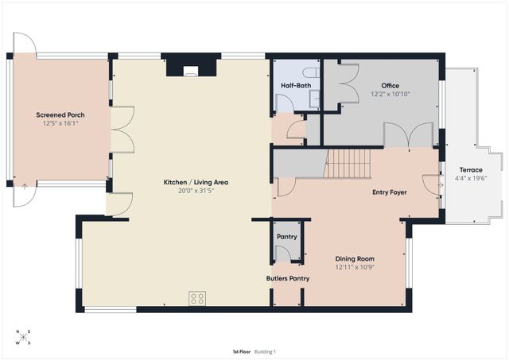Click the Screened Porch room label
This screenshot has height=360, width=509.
(60, 114)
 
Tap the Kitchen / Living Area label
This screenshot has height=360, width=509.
(196, 182)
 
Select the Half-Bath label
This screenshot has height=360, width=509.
(296, 86)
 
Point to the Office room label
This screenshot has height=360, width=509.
(390, 86)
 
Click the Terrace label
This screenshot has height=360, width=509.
(471, 169)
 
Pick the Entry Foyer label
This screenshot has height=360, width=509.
(390, 192)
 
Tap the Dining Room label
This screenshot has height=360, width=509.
(355, 259)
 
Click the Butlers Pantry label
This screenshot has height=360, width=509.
(288, 278)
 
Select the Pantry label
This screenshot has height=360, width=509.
(287, 237)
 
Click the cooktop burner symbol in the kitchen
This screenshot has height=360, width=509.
(197, 298)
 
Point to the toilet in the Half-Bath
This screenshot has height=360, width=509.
(311, 73)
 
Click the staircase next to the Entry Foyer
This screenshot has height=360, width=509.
(348, 164)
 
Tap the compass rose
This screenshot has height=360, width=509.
(23, 337)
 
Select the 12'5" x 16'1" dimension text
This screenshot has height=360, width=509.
(60, 123)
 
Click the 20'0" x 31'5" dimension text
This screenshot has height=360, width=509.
(196, 191)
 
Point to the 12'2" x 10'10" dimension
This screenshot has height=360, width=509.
(390, 94)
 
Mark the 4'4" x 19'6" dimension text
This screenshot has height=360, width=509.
(471, 178)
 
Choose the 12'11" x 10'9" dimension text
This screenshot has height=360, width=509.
(355, 267)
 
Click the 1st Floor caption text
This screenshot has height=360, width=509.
(242, 351)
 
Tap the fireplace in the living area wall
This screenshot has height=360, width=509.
(191, 67)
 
